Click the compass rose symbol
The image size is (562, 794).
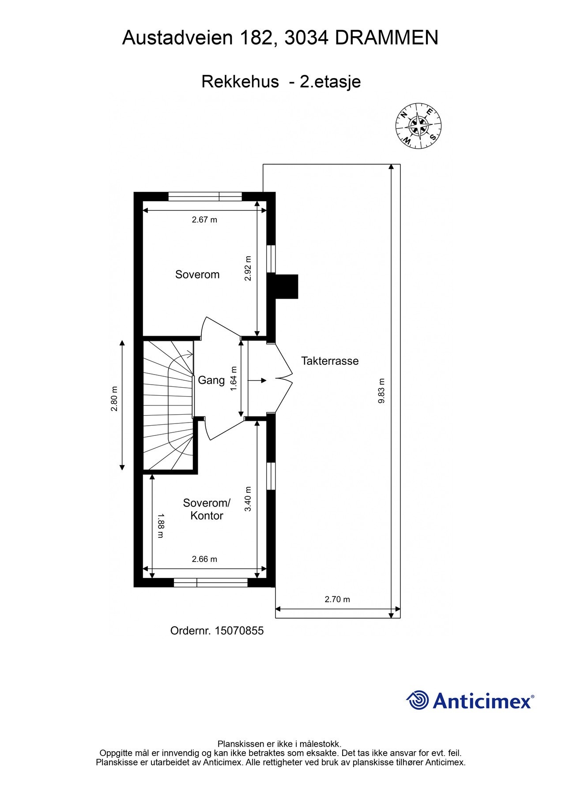pyautogui.click(x=418, y=126)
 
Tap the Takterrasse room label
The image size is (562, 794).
pyautogui.click(x=330, y=361)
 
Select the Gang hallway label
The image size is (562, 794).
pyautogui.click(x=211, y=380)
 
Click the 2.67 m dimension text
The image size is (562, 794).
pyautogui.click(x=204, y=220)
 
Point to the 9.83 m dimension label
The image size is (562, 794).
pyautogui.click(x=382, y=391)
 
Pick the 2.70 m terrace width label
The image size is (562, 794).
pyautogui.click(x=337, y=599)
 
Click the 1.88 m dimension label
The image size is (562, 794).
pyautogui.click(x=160, y=525)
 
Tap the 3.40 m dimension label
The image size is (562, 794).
pyautogui.click(x=248, y=499)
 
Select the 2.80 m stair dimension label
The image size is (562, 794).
pyautogui.click(x=114, y=399)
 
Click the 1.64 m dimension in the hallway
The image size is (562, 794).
pyautogui.click(x=234, y=378)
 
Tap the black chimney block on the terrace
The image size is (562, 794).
pyautogui.click(x=287, y=286)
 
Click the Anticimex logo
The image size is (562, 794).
pyautogui.click(x=470, y=700)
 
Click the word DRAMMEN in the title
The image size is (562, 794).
pyautogui.click(x=386, y=38)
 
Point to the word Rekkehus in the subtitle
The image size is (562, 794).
pyautogui.click(x=240, y=82)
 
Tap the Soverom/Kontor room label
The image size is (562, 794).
pyautogui.click(x=207, y=509)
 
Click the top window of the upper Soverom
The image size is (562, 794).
pyautogui.click(x=205, y=196)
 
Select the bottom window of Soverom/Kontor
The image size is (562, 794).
pyautogui.click(x=210, y=583)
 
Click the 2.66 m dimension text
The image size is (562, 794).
pyautogui.click(x=204, y=559)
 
